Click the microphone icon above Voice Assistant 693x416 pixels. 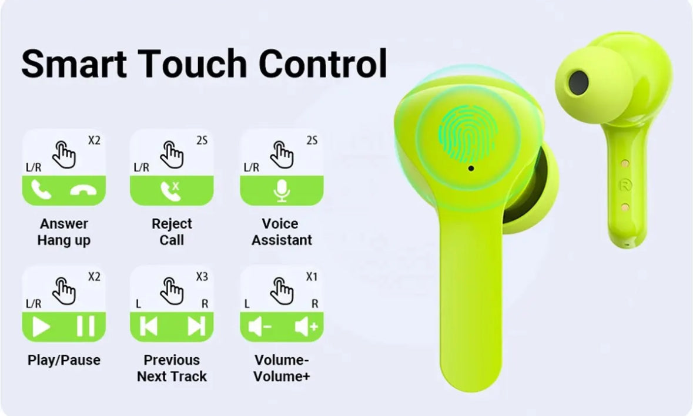[282, 190]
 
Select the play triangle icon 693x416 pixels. [41, 327]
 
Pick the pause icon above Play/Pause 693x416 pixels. [86, 327]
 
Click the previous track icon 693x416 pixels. [149, 327]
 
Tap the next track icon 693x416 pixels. [196, 327]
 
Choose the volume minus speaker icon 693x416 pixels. [259, 327]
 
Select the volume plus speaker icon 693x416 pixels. [306, 327]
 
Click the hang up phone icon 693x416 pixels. [86, 190]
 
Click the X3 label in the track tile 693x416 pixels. [202, 277]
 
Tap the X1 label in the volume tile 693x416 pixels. [312, 277]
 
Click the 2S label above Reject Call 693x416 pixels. [202, 141]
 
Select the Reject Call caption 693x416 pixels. [172, 232]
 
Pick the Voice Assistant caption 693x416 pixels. [282, 232]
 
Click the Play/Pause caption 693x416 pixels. [64, 360]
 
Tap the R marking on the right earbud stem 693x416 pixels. [624, 184]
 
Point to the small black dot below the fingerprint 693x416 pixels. [471, 169]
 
